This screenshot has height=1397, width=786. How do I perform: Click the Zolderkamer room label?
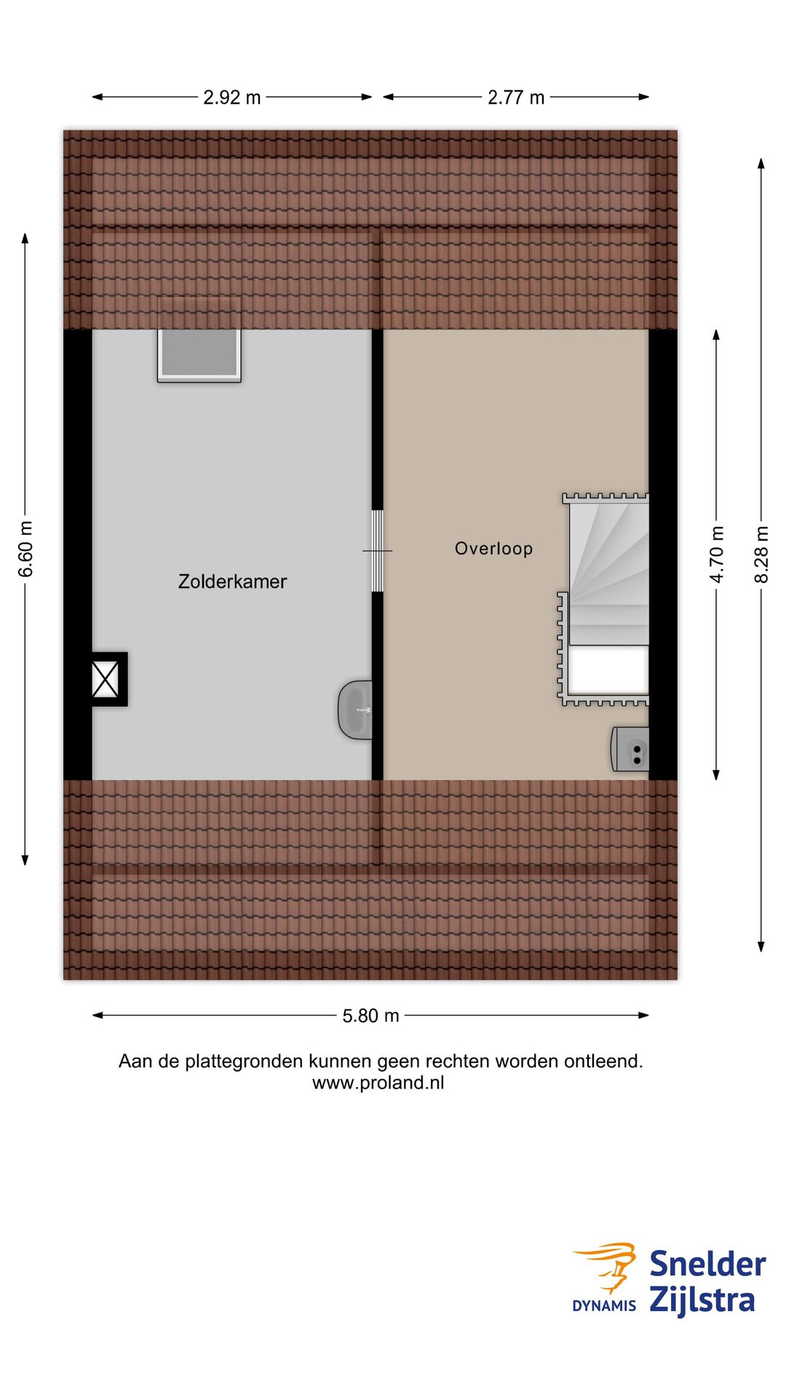coord(232,581)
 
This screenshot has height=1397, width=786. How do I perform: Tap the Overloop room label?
coord(493,549)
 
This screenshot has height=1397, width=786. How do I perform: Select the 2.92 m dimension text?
coord(231,97)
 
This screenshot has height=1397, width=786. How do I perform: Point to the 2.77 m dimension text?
coord(515,97)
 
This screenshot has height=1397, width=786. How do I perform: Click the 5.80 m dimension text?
coord(370,1016)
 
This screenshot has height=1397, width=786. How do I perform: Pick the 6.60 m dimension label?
coord(26,549)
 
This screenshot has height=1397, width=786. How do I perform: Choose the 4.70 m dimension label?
coord(717,554)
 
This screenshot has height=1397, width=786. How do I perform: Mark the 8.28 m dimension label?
coord(761,554)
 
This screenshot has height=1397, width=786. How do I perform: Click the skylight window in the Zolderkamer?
coord(199,352)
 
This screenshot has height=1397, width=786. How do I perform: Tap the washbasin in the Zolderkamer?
coord(356,709)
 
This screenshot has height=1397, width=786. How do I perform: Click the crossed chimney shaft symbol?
coord(106,680)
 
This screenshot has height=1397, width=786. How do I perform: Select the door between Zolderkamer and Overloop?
coord(377,551)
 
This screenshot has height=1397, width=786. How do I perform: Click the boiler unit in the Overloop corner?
coord(630,749)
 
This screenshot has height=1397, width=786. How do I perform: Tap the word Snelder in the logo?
coord(707,1265)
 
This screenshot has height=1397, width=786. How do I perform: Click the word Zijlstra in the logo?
coord(702,1300)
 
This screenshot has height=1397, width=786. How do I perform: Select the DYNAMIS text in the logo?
coord(604,1305)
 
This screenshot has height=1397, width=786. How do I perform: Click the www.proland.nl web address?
coord(378,1083)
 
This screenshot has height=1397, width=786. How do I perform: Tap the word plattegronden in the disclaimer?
coord(243,1062)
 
